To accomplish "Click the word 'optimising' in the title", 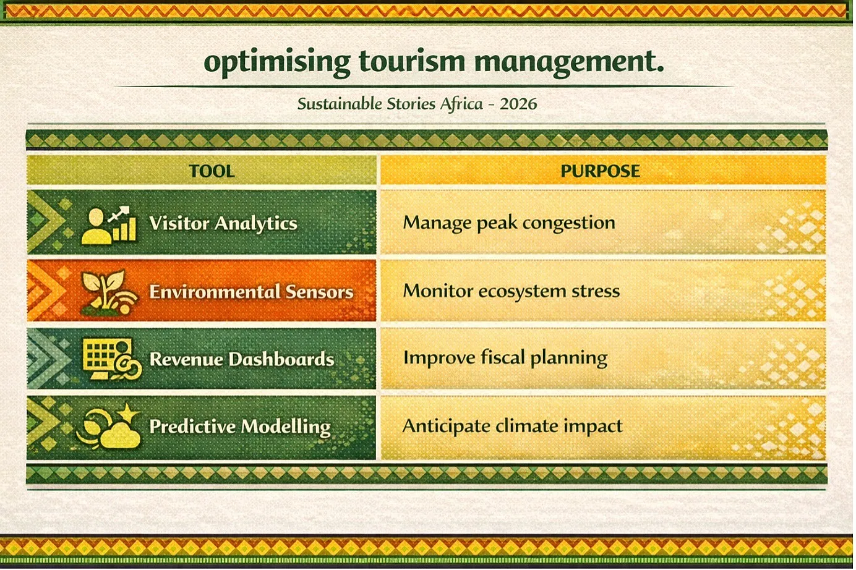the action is point(277,62).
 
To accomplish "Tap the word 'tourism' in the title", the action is point(413,61).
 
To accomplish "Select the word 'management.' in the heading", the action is point(569,63).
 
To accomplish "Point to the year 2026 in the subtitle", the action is point(518,104).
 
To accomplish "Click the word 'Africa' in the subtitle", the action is point(461,103).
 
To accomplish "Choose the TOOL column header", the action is point(212,171).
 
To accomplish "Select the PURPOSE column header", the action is point(600,171).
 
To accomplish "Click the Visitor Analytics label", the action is point(223,223).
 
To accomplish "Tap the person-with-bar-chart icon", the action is point(109,226).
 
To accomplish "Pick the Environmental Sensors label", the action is point(251,292).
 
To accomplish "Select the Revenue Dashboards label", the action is point(242,359).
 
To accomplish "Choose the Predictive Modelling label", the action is point(240,427).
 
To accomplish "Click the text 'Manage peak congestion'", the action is point(509,223).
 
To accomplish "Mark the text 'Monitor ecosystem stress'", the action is point(511,291).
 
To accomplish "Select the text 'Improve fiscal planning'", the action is point(505,359).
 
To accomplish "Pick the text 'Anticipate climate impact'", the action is point(513,427).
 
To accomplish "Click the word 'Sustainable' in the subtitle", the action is point(340,104).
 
